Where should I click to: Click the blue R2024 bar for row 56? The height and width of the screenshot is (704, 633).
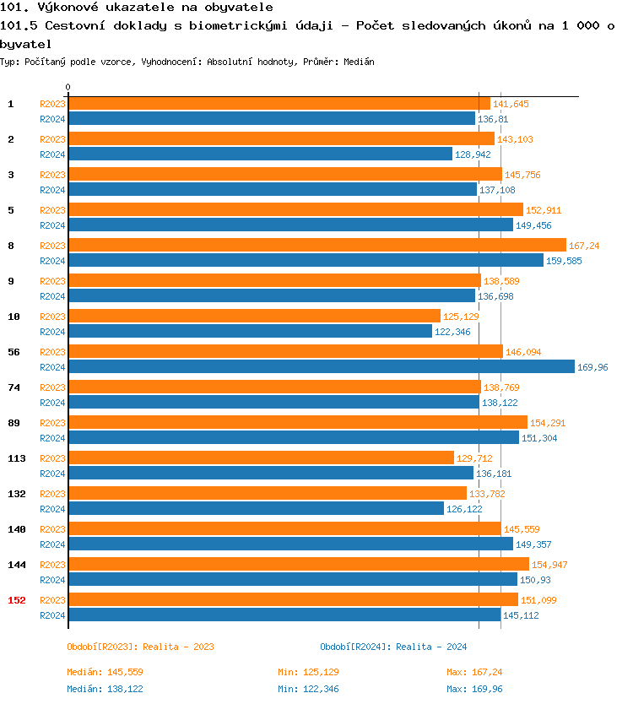(321, 367)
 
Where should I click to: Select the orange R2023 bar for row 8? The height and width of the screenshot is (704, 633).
(316, 246)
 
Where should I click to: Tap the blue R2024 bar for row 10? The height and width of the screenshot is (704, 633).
(250, 332)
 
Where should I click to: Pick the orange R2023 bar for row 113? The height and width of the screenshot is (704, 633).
(261, 458)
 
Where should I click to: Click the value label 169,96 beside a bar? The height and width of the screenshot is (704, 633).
(592, 367)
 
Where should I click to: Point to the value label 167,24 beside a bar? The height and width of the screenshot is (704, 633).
(584, 246)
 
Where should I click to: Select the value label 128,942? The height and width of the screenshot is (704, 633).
(472, 154)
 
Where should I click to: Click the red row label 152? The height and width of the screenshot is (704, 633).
(16, 600)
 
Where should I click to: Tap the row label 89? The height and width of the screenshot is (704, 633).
(14, 423)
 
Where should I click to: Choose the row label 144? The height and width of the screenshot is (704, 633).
(16, 565)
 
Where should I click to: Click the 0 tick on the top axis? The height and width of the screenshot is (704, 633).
(68, 87)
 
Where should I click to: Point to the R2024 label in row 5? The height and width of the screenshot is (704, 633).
(52, 225)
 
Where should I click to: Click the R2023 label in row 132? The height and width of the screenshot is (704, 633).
(52, 494)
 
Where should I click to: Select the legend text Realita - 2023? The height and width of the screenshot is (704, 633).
(178, 647)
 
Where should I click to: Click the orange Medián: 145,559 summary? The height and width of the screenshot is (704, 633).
(105, 672)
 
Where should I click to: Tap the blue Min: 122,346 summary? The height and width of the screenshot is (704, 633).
(311, 689)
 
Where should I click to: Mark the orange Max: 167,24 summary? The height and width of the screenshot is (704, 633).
(474, 672)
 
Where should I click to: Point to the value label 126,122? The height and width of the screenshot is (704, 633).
(463, 509)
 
